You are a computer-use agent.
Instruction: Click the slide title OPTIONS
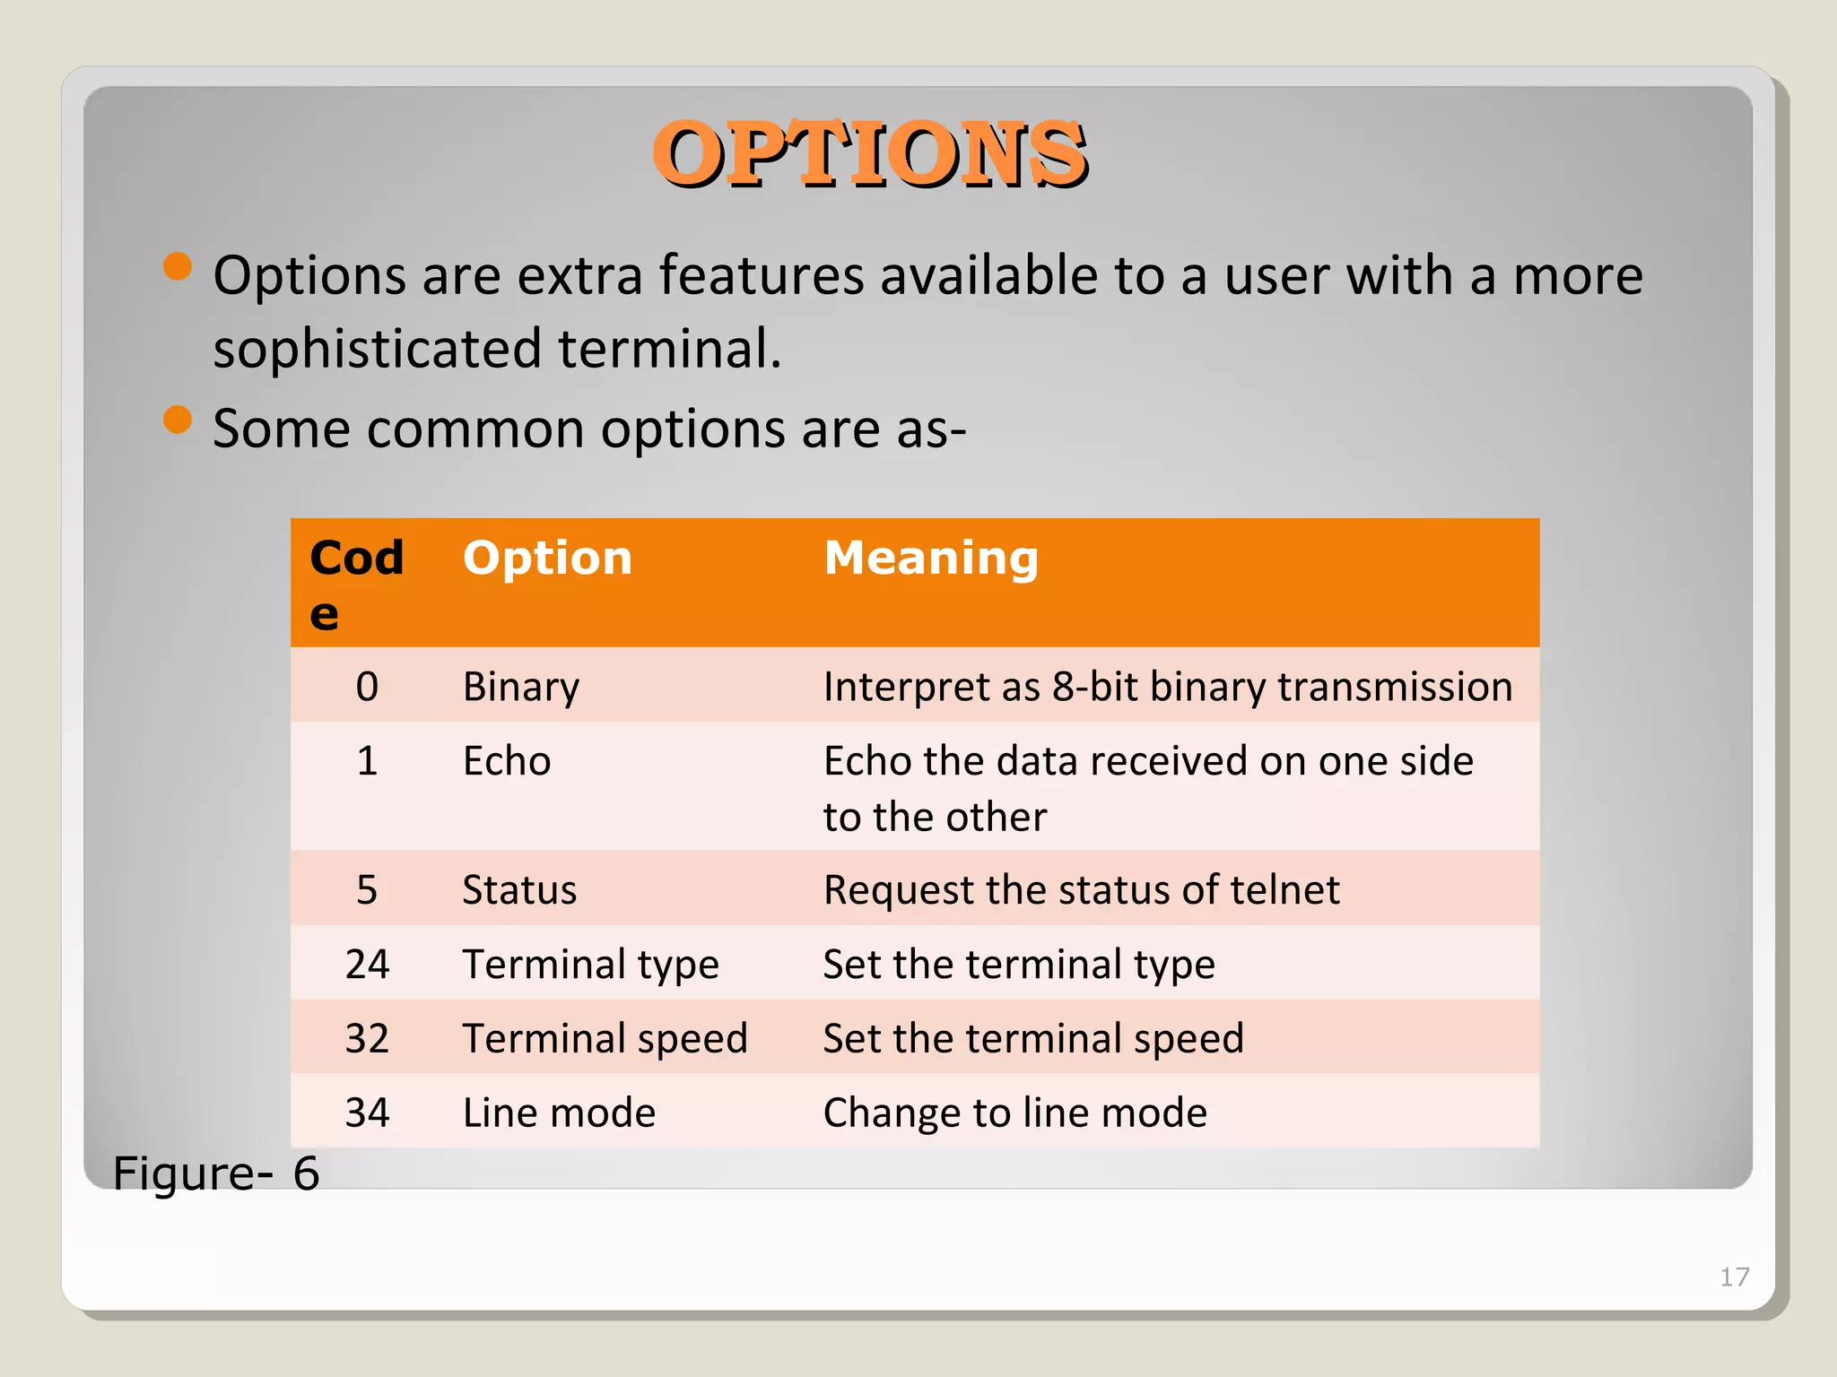[870, 154]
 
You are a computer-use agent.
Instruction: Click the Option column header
[547, 559]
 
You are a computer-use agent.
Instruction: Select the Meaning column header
[931, 559]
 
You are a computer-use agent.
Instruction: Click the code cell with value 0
[367, 687]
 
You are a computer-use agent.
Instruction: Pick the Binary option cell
[521, 687]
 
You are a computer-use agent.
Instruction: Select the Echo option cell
[507, 761]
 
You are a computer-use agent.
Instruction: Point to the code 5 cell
[367, 890]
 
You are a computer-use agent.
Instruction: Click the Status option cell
[519, 890]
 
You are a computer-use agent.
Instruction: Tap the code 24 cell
[367, 965]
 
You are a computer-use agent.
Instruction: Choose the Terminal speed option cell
[605, 1039]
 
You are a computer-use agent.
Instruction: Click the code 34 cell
[367, 1113]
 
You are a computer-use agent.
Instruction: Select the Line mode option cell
[559, 1113]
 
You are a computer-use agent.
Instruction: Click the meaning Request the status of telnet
[1081, 890]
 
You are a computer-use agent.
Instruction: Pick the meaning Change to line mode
[1014, 1113]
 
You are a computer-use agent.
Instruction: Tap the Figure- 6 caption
[216, 1173]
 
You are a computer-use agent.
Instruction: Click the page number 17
[1734, 1277]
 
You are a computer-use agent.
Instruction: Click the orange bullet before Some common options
[178, 420]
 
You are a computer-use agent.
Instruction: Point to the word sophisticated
[377, 349]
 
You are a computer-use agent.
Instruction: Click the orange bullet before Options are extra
[178, 266]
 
